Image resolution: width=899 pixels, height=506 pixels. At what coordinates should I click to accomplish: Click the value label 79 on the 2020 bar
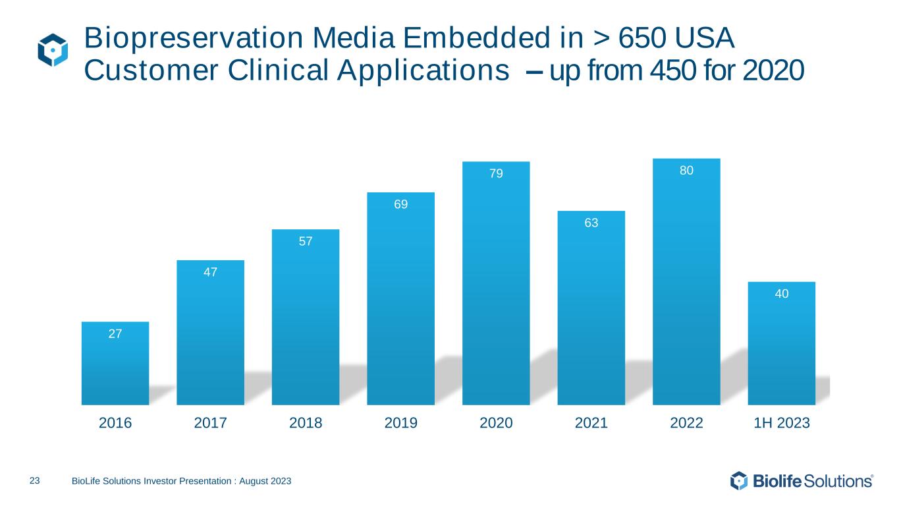(x=496, y=174)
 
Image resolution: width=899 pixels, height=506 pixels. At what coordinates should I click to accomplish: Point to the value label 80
(x=686, y=171)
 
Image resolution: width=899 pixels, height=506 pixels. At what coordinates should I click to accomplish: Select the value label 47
(x=210, y=272)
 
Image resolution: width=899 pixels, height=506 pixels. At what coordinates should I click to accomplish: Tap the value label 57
(x=306, y=242)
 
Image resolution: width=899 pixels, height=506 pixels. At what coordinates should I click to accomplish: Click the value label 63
(x=591, y=223)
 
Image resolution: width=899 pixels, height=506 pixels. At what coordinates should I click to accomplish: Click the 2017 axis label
(x=210, y=424)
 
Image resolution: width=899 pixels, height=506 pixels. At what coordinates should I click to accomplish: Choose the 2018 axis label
(x=306, y=424)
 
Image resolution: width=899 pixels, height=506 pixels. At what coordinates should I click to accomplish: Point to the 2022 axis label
(x=686, y=424)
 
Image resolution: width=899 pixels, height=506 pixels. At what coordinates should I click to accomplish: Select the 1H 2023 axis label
(x=782, y=424)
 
